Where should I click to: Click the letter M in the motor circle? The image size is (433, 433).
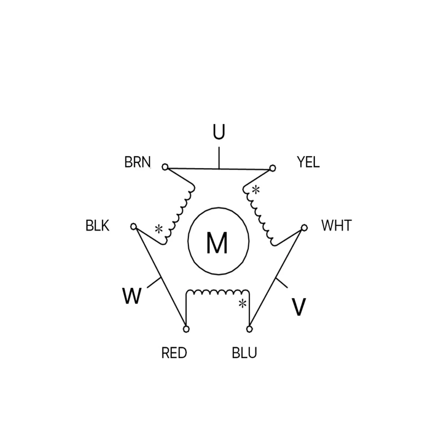click(x=217, y=243)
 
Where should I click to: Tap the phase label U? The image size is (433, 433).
click(x=219, y=132)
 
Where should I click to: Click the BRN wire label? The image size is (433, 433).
click(x=138, y=162)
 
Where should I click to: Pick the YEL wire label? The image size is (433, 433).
click(x=308, y=162)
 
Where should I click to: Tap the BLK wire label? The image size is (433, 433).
click(x=98, y=226)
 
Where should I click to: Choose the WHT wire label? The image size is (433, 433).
click(x=336, y=226)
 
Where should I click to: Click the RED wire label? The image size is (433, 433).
click(x=174, y=353)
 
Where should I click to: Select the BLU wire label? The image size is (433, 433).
click(x=245, y=353)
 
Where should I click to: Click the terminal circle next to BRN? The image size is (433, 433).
click(x=165, y=167)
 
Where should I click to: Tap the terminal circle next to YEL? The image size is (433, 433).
click(x=272, y=168)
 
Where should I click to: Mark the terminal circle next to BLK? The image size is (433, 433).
click(x=134, y=226)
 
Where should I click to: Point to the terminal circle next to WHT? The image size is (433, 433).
click(x=304, y=227)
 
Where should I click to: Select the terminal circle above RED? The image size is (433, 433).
click(x=186, y=329)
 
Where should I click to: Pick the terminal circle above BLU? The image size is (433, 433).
click(x=249, y=329)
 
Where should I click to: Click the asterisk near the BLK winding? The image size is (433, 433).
click(x=159, y=229)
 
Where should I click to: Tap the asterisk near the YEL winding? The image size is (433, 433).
click(x=256, y=189)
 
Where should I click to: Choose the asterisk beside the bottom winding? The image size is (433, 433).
click(x=242, y=304)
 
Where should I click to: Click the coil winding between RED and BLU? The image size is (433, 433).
click(x=217, y=292)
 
